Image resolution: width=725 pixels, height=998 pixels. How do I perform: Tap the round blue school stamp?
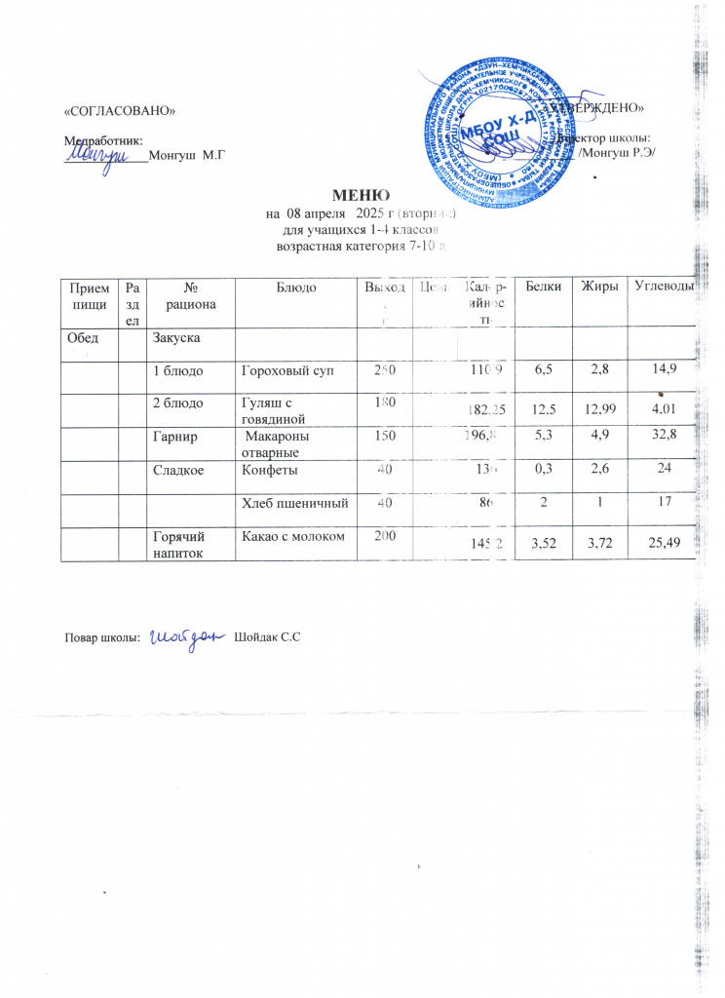pos(494,125)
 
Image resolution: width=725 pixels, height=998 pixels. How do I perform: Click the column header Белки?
pos(543,285)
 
